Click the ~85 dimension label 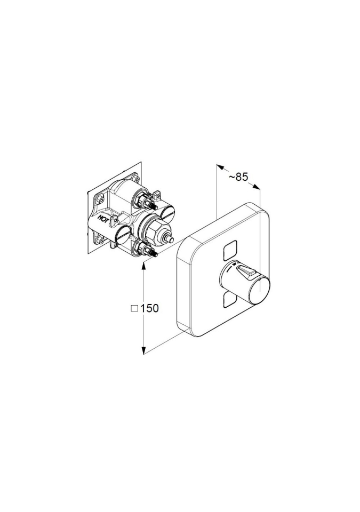pos(238,177)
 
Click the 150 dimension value pos(149,308)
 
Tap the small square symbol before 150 pos(134,308)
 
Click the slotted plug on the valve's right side pos(167,213)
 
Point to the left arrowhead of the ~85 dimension pos(220,167)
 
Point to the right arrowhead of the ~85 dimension pos(256,187)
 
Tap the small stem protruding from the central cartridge pos(170,240)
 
